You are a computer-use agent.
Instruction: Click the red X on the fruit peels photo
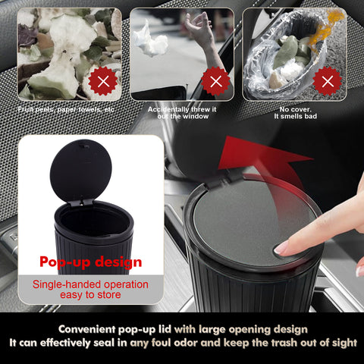(x=102, y=80)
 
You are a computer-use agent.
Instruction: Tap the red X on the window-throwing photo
(x=216, y=80)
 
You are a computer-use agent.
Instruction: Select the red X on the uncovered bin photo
(x=328, y=80)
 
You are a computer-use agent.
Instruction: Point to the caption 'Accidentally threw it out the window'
(x=182, y=113)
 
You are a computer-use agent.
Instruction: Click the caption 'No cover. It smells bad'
(x=302, y=113)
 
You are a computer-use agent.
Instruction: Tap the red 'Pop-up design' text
(x=91, y=262)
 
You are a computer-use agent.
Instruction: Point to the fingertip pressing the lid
(x=282, y=247)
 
